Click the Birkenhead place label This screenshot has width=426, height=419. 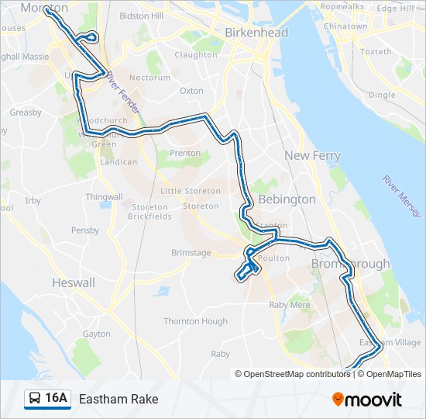pos(256,33)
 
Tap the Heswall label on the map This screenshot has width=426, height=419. pos(73,283)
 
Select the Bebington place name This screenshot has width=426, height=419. pos(287,199)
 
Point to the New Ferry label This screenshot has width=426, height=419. pos(312,156)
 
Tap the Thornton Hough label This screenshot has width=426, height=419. pos(195,321)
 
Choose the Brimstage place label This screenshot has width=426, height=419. pos(191,253)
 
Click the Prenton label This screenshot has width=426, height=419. pos(184,154)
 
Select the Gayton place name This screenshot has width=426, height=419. pos(97,334)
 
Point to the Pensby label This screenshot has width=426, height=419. pos(85,230)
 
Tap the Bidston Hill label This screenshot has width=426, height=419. pos(142,16)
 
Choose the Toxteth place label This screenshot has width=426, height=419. pos(376,52)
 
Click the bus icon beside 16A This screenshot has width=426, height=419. pos(35,399)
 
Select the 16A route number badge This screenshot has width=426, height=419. pos(57,399)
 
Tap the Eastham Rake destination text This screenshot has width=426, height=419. pos(119,399)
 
